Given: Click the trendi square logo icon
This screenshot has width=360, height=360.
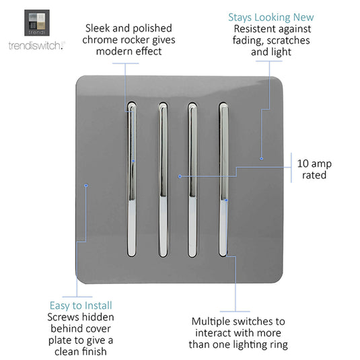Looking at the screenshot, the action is [37, 23].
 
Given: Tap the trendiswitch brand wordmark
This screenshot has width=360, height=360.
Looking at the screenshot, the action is [37, 46].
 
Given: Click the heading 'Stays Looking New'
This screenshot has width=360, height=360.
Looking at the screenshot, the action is [271, 17].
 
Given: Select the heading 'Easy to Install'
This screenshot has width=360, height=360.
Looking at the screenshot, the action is [81, 305].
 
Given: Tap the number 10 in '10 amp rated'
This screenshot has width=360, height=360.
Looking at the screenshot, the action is [303, 164].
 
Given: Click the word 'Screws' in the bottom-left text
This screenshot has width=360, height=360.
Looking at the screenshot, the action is [62, 317].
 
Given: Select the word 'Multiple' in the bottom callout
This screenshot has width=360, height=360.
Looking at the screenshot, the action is [209, 322].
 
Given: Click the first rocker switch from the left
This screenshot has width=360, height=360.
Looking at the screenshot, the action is [132, 179].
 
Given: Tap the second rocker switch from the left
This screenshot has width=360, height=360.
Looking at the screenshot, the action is [163, 180].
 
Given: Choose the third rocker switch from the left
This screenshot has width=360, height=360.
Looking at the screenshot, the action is [192, 180].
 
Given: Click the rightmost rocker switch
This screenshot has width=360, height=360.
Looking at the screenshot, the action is [223, 179].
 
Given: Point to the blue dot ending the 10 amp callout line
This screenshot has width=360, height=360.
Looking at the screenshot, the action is [180, 176].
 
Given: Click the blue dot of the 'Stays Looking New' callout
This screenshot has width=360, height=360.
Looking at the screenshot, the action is [261, 158].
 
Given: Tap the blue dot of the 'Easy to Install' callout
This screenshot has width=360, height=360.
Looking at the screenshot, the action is [86, 185].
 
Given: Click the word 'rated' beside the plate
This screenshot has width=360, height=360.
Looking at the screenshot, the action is [314, 175].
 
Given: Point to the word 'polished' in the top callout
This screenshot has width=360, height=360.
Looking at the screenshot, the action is [152, 29].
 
